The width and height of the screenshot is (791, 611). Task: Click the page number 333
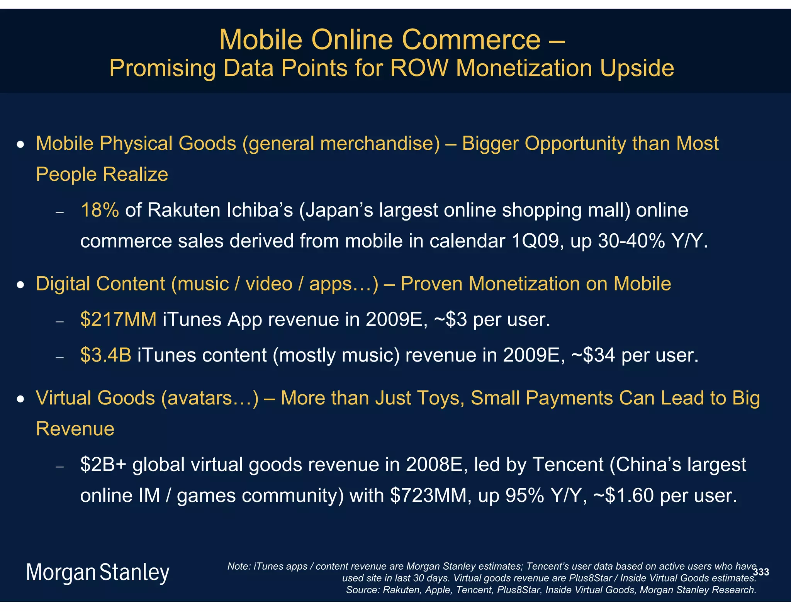(x=761, y=572)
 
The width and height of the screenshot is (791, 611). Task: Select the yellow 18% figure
(x=100, y=210)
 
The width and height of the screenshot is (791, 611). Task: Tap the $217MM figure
(x=118, y=320)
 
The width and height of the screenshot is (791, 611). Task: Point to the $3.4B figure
(x=105, y=355)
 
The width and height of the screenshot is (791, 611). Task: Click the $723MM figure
(x=428, y=496)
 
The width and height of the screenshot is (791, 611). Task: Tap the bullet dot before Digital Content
(x=21, y=285)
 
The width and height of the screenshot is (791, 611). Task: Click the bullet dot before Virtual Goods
(x=21, y=399)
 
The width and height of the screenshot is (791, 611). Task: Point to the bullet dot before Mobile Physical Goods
(x=21, y=145)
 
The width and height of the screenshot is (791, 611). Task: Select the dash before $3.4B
(x=59, y=357)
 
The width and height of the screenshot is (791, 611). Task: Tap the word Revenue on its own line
(x=75, y=429)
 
